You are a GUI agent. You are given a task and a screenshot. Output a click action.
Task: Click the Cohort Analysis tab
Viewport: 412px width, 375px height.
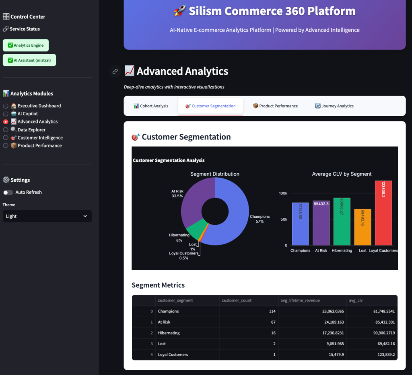(x=151, y=106)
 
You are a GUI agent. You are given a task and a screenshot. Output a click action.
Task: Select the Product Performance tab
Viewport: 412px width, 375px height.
(x=275, y=106)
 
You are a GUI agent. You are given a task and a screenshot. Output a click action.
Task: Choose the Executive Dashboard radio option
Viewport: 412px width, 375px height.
(x=6, y=106)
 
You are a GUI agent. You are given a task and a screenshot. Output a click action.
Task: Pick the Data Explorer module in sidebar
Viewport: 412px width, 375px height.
(x=6, y=130)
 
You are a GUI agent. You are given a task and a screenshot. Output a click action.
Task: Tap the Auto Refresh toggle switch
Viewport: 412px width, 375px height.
(x=8, y=193)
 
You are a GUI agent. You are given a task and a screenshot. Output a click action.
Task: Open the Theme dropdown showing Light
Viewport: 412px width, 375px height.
(x=47, y=216)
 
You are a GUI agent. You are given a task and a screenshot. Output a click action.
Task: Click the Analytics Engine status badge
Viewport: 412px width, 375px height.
(x=26, y=45)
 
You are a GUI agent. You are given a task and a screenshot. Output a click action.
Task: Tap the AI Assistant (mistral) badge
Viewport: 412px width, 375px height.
(x=29, y=60)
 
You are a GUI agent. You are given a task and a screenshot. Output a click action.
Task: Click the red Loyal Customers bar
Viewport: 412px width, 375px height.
(x=383, y=213)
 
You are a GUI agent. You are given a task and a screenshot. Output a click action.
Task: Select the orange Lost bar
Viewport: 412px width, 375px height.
(x=363, y=227)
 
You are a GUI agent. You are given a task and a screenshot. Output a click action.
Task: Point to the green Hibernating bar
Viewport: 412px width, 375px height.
(x=342, y=221)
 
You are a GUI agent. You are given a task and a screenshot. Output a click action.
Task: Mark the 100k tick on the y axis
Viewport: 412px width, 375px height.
(x=283, y=193)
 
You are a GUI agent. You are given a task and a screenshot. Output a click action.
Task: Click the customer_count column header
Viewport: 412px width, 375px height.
(x=249, y=301)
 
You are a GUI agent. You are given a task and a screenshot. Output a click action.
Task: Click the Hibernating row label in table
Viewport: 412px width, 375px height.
(x=169, y=333)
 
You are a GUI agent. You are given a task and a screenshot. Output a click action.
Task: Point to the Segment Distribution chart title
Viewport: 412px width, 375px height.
(x=214, y=174)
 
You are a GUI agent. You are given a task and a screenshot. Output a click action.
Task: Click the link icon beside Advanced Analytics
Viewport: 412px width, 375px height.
(x=115, y=72)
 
